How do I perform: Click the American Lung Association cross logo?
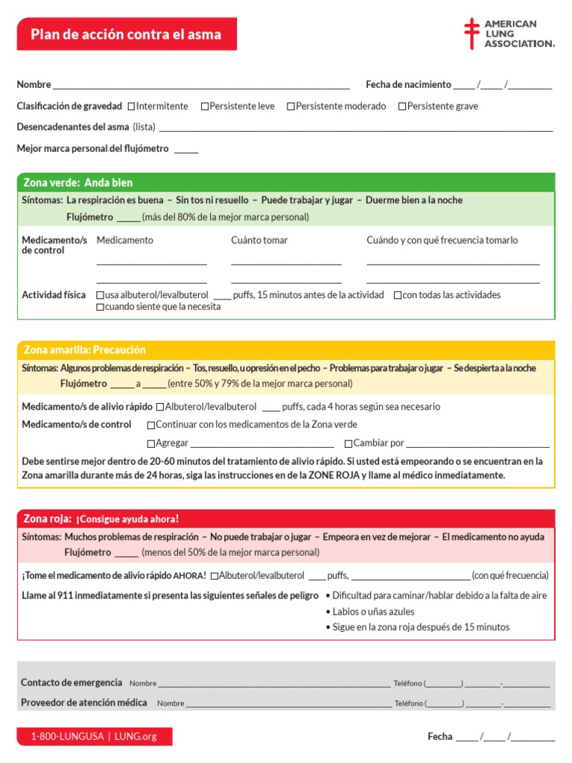tap(471, 34)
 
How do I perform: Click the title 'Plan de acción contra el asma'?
tap(126, 35)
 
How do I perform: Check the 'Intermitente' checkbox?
tap(132, 107)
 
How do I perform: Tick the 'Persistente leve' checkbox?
tap(205, 107)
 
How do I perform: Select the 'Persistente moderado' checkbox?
tap(291, 107)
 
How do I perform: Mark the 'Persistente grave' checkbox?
tap(402, 107)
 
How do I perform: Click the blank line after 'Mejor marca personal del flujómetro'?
tap(186, 149)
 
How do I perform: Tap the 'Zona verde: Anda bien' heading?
tap(78, 183)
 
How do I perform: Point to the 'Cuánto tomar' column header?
tap(259, 240)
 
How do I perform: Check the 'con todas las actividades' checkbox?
tap(398, 295)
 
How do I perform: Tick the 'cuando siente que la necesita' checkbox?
tap(101, 307)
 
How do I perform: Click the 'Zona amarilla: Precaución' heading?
tap(85, 349)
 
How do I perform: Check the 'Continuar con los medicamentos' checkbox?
tap(151, 425)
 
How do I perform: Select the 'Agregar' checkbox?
tap(151, 443)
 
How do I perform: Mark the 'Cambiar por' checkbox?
tap(349, 443)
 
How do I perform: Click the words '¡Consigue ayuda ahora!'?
tap(127, 519)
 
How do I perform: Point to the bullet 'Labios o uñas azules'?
tap(373, 611)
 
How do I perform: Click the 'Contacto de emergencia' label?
tap(71, 682)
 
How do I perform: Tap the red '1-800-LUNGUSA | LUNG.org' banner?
tap(94, 736)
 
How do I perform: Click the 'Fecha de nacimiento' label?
tap(408, 84)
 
